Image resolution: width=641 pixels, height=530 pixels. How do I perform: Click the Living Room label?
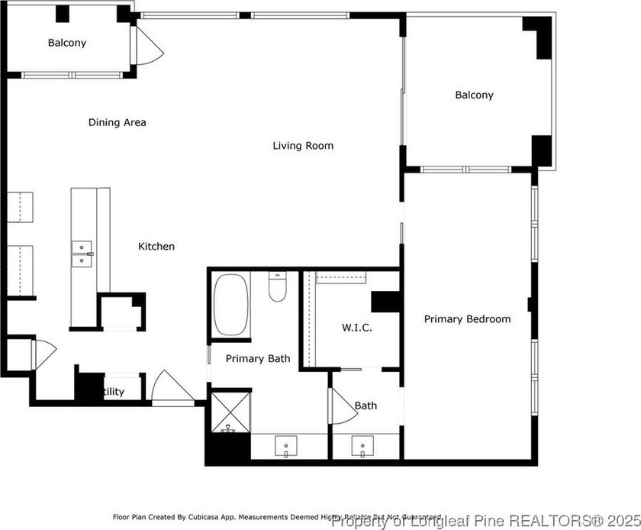click(303, 145)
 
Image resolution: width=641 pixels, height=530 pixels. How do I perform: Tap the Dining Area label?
click(117, 122)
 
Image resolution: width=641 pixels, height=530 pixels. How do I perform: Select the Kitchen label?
click(156, 246)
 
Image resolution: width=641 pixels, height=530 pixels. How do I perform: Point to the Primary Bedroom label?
click(467, 319)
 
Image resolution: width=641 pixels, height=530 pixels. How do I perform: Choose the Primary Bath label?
click(257, 358)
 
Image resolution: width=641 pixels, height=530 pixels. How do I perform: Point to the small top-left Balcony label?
click(67, 43)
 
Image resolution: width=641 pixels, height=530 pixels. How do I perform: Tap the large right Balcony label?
click(474, 95)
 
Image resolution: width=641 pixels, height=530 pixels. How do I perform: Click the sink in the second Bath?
click(361, 445)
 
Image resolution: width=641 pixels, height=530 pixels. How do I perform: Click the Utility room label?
click(113, 392)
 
